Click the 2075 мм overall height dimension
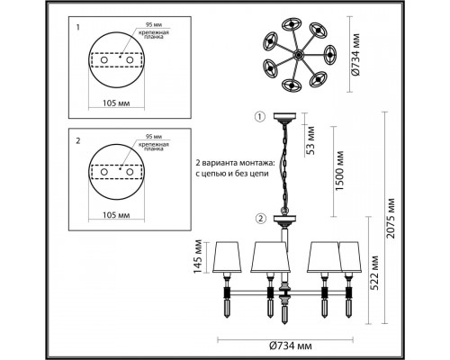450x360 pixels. tap(391, 218)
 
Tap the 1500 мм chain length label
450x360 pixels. tap(339, 171)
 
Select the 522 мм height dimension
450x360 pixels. tap(373, 273)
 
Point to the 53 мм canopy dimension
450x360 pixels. tap(310, 140)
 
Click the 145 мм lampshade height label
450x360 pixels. tap(198, 256)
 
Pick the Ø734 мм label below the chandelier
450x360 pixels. tap(291, 346)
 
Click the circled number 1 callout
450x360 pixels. tap(260, 116)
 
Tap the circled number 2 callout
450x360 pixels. tap(261, 219)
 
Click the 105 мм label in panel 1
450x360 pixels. tap(116, 103)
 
